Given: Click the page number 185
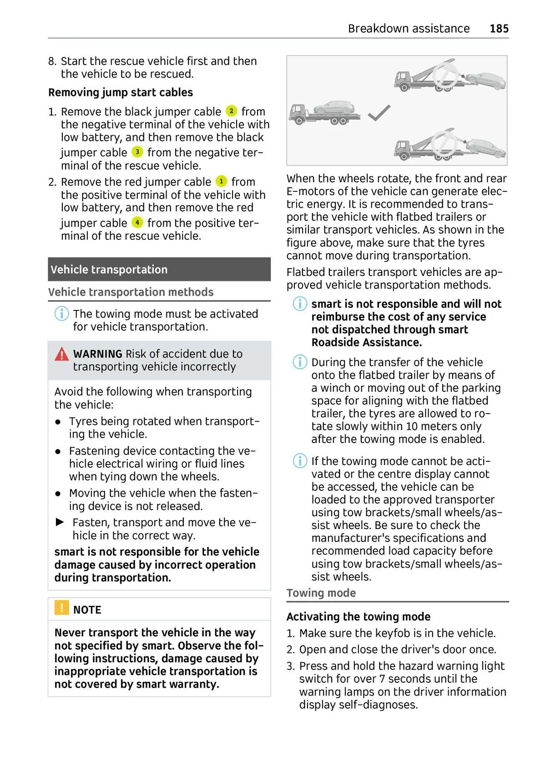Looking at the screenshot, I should pos(499,29).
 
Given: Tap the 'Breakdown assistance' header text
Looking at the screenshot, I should pos(409,29).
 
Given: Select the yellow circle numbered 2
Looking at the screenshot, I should pos(231,110).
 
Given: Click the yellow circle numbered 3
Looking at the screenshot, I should pos(137,152).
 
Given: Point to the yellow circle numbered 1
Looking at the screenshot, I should pos(221,181).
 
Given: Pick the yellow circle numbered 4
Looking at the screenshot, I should pos(137,222).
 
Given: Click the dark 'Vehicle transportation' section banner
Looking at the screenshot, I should pos(159,270).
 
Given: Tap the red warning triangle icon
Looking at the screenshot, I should pos(61,354).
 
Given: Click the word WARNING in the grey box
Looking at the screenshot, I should pos(97,354).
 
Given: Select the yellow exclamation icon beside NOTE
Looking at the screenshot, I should pos(61,608).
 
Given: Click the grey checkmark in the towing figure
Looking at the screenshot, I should pos(379,113).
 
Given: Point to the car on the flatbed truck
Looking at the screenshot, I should pos(335,108).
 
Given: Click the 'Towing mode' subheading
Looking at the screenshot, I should pos(321,593).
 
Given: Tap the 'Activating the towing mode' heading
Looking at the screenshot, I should pos(358,617).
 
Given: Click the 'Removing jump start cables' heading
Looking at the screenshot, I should pos(121,92).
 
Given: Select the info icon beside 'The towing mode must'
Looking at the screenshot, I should pos(61,314).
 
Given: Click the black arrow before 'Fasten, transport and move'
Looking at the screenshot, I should pos(60,522).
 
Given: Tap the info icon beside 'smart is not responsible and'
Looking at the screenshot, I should pos(299,304).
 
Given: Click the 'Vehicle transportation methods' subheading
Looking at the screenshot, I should pos(131,292).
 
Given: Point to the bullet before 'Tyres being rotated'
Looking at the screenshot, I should pos(58,422).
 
